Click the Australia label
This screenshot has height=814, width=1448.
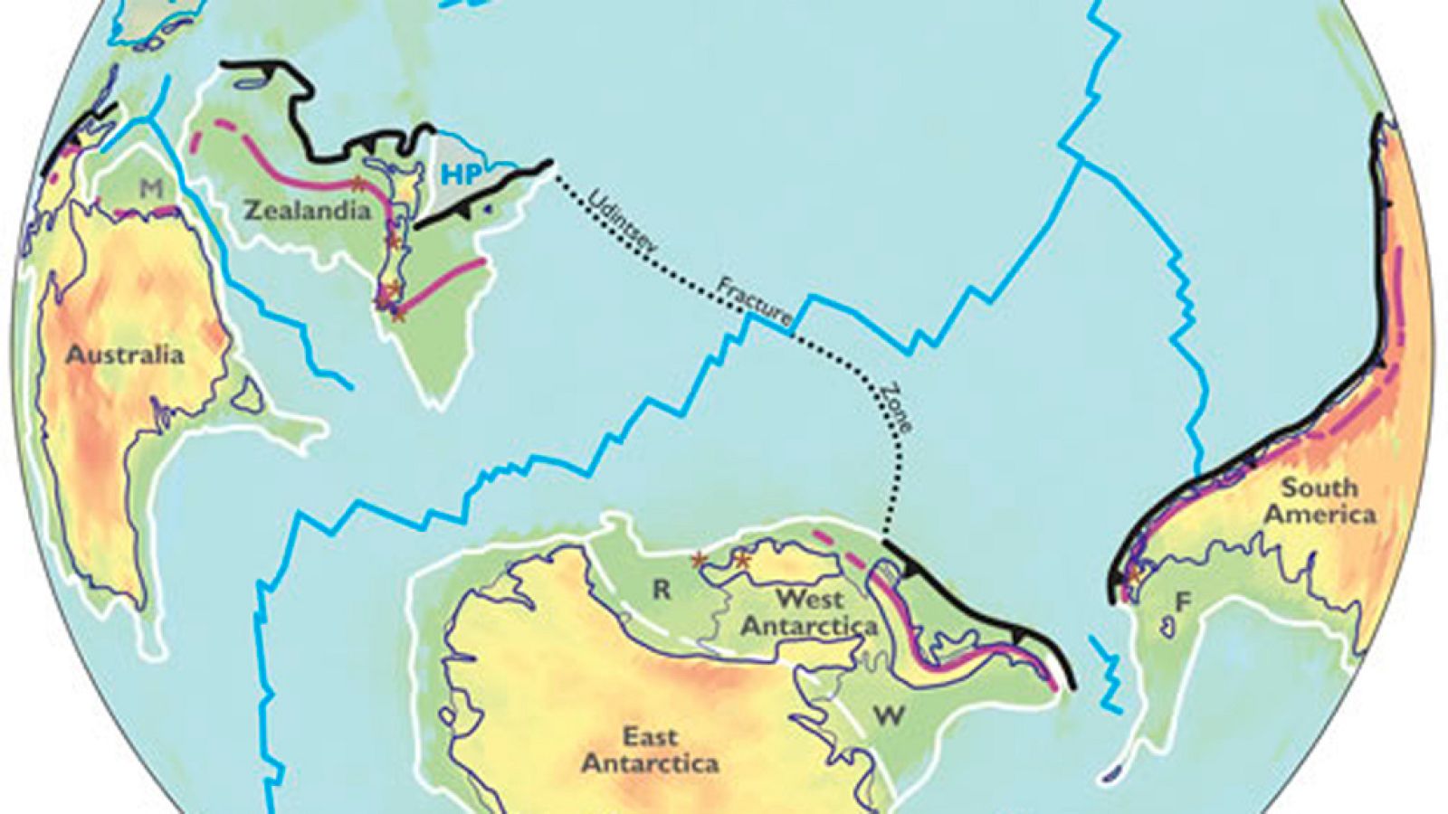point(125,354)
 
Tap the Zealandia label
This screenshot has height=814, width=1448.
point(308,211)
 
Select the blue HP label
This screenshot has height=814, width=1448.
point(457,175)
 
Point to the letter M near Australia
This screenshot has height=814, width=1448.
point(151,188)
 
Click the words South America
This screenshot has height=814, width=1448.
point(1319,501)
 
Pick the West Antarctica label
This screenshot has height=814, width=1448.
point(810,611)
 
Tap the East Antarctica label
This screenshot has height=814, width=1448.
point(650,750)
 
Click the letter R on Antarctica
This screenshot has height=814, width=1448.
point(662,590)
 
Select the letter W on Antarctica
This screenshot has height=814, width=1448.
point(889,715)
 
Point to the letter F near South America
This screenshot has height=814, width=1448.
point(1182,600)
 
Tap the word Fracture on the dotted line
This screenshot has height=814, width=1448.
point(755,302)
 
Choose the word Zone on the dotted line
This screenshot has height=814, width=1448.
point(894,408)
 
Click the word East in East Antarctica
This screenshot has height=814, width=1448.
point(650,736)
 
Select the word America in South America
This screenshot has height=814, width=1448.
point(1319,515)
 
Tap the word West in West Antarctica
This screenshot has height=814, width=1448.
point(810,598)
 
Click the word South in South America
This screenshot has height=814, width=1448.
point(1319,488)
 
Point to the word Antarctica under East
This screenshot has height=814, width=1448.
point(650,763)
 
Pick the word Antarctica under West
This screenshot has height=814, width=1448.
point(810,625)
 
